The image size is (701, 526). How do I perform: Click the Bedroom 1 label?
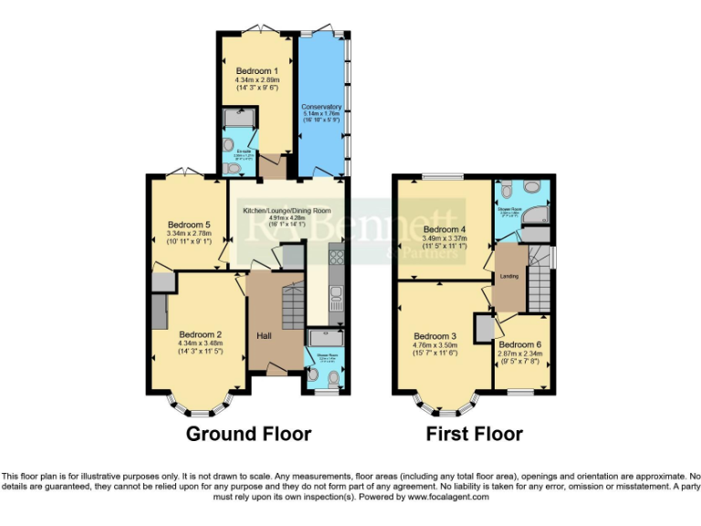click(x=256, y=71)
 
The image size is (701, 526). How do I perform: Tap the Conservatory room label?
click(x=321, y=106)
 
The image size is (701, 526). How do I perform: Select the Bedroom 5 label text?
click(x=189, y=225)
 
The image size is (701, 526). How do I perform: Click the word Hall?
click(x=263, y=337)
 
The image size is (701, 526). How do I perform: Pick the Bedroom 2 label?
click(x=200, y=334)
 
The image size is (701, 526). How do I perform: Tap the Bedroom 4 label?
click(x=445, y=229)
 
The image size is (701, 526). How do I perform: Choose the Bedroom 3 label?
click(x=435, y=336)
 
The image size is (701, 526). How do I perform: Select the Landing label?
click(x=508, y=277)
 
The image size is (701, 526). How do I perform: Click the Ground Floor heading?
click(x=248, y=434)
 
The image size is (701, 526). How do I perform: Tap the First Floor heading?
click(x=475, y=434)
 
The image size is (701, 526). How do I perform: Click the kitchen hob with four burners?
click(x=335, y=258)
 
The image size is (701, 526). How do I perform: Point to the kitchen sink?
click(x=336, y=294)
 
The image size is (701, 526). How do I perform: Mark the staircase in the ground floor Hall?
click(x=292, y=305)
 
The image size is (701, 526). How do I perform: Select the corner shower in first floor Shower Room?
click(x=538, y=214)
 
